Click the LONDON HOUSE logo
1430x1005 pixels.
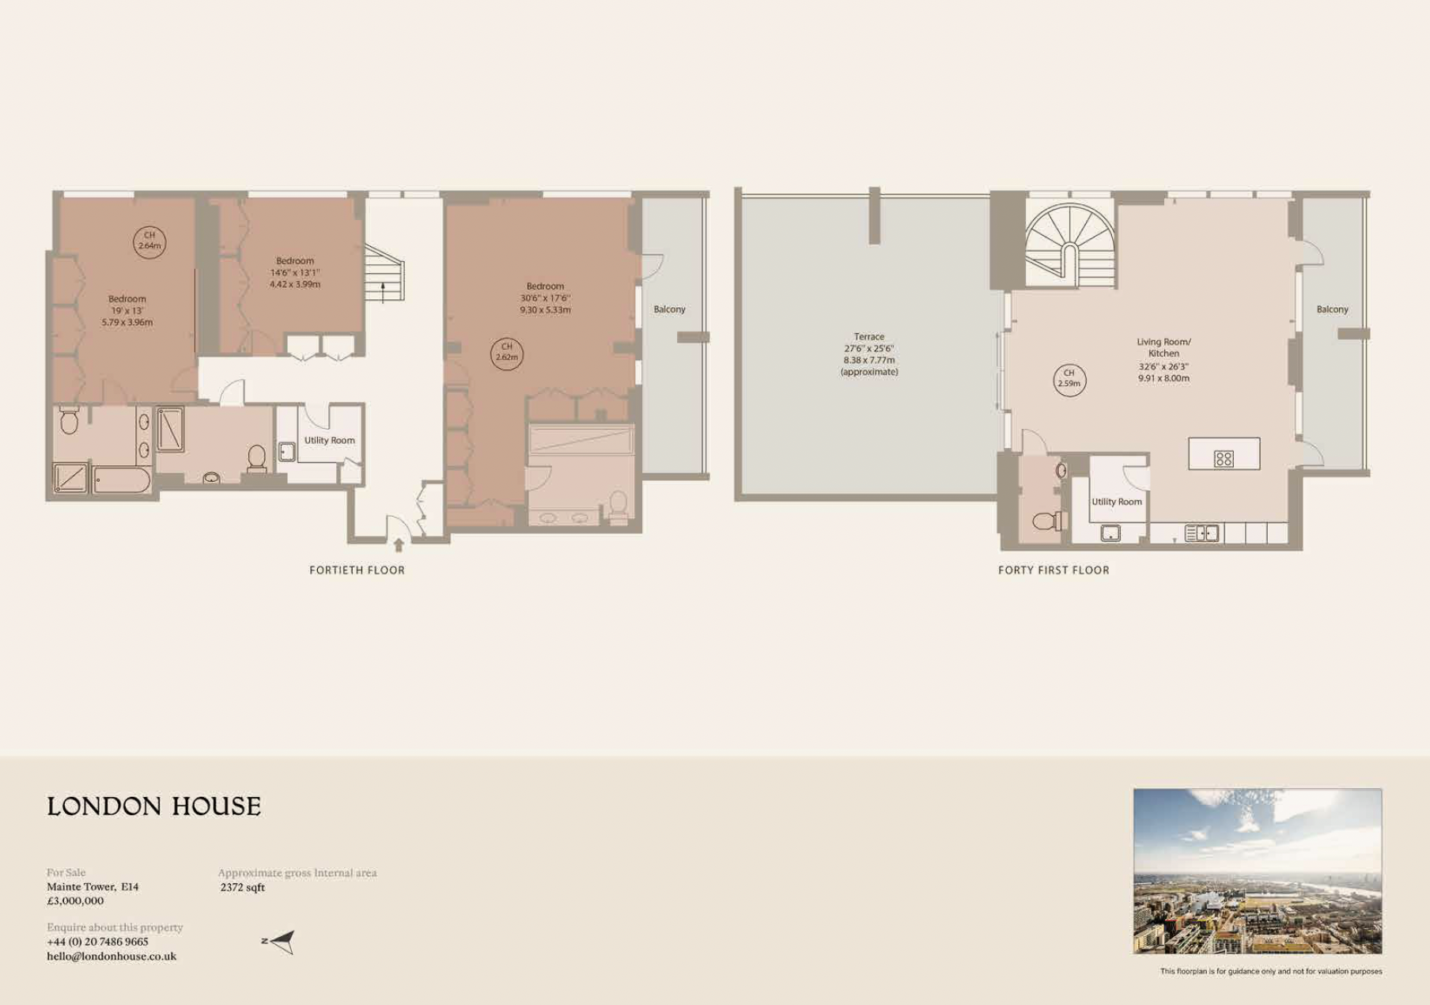coord(153,806)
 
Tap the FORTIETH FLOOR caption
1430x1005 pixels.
coord(357,570)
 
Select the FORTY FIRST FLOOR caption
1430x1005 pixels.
coord(1054,570)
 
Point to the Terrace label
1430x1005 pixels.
coord(868,336)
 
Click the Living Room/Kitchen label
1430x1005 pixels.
coord(1163,347)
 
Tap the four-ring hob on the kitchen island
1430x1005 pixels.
coord(1224,458)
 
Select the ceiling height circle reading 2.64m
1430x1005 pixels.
coord(149,241)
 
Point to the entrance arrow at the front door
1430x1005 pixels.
coord(399,544)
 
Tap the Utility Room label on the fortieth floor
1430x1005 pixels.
coord(329,440)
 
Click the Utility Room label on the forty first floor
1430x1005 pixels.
coord(1117,502)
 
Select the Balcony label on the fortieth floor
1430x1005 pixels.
coord(669,309)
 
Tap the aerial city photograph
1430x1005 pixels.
coord(1257,870)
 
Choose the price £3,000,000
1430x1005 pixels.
coord(75,901)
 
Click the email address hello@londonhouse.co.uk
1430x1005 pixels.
coord(112,956)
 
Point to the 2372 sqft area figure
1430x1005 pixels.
coord(243,887)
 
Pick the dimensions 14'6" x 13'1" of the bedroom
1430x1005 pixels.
coord(295,272)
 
